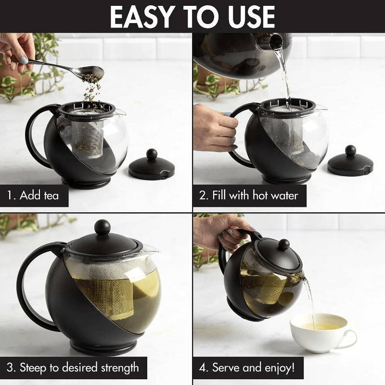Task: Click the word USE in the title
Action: pyautogui.click(x=248, y=17)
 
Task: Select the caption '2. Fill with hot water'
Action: pyautogui.click(x=248, y=196)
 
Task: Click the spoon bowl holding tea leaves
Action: pyautogui.click(x=94, y=72)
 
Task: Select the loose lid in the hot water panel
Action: pyautogui.click(x=350, y=164)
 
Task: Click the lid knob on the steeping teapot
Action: pyautogui.click(x=102, y=227)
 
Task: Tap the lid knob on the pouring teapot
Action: pyautogui.click(x=284, y=244)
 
